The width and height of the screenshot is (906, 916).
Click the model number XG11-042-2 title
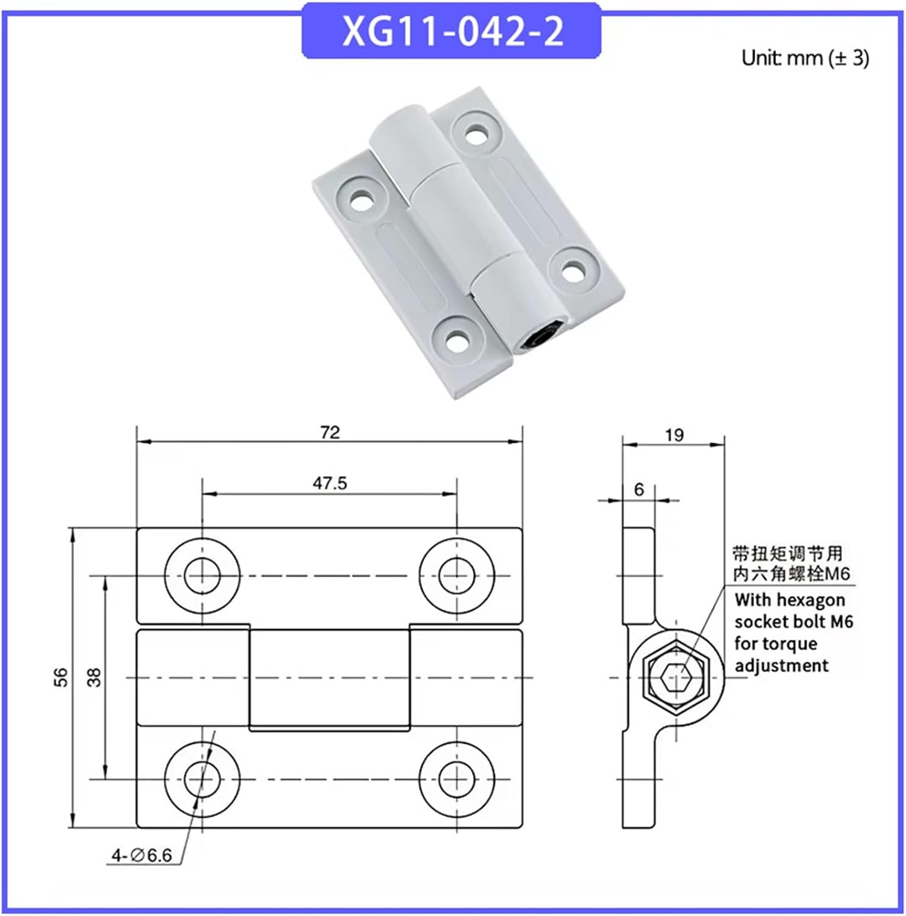pos(452,32)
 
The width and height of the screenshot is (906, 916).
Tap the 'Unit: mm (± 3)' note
pos(805,58)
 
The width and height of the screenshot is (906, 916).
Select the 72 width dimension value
pos(330,432)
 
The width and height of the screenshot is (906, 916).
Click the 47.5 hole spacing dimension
pos(330,483)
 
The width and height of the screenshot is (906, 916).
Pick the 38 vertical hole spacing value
pos(94,677)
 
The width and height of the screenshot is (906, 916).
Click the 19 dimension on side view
pos(674,435)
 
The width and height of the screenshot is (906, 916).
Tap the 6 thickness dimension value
pos(639,489)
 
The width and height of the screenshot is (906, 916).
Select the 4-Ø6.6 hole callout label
pos(142,856)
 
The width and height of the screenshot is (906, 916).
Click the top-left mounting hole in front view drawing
pos(202,575)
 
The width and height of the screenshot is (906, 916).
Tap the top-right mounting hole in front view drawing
pos(457,575)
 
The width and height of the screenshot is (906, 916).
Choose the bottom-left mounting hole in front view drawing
pos(202,779)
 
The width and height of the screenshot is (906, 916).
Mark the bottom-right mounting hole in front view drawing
pos(457,779)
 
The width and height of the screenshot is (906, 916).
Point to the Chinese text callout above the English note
pos(790,563)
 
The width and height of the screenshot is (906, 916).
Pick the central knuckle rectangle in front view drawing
pos(329,678)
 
